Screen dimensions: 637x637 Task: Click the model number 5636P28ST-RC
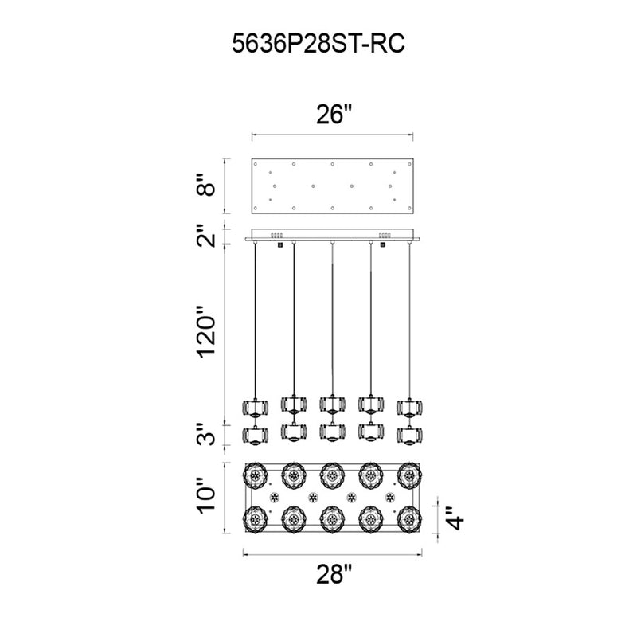pos(318,44)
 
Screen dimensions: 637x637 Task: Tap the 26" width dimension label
pos(333,114)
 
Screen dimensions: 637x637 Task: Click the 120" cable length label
pos(207,331)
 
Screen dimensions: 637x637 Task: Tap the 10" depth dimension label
pos(207,495)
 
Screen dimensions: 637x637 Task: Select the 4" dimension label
pos(455,518)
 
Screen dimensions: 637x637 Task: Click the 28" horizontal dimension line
pos(332,553)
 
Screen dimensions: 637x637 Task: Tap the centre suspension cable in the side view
pos(332,318)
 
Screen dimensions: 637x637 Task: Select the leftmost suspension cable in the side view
pos(255,321)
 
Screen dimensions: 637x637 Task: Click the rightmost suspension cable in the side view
pos(409,321)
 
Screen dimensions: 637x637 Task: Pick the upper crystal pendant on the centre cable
pos(332,404)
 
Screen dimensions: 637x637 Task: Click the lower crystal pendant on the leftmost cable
pos(255,436)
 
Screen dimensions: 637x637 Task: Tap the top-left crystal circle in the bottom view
pos(255,475)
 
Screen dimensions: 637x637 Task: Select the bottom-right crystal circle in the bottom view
pos(409,520)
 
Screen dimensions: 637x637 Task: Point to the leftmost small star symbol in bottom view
pos(274,497)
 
